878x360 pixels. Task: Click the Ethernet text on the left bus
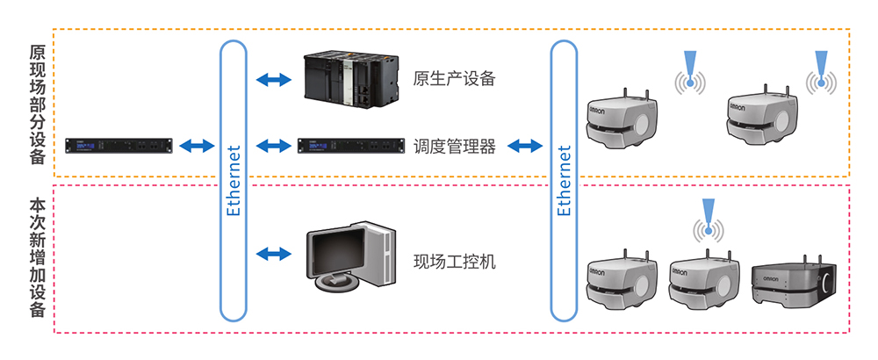233,180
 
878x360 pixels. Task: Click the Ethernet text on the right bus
565,180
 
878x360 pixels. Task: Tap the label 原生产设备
454,79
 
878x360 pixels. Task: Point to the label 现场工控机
454,261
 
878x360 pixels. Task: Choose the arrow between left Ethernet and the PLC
272,80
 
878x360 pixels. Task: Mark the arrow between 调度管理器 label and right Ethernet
524,146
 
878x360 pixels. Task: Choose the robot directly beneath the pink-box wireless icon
702,279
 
